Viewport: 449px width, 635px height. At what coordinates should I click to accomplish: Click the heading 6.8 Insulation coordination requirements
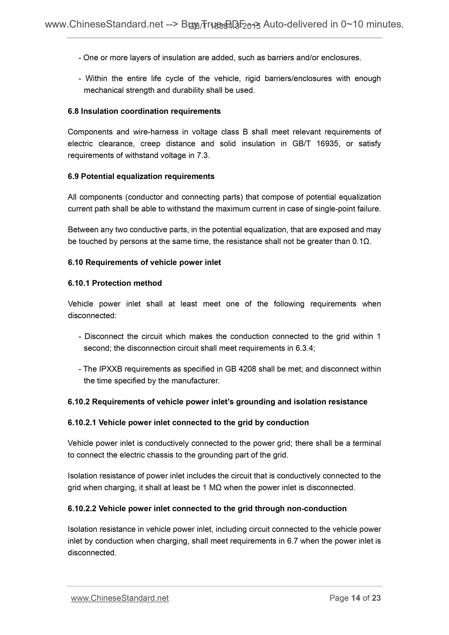(x=144, y=111)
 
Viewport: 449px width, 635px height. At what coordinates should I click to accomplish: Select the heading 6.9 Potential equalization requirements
(x=141, y=176)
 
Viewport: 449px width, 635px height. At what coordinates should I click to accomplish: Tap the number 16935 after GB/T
(x=326, y=144)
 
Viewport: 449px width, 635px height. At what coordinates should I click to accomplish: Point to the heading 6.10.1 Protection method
(x=115, y=283)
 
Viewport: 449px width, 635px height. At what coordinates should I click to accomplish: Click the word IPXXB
(x=110, y=369)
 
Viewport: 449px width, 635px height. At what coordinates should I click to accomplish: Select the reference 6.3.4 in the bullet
(x=305, y=348)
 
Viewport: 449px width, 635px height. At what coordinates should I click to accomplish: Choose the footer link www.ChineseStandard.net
(x=120, y=598)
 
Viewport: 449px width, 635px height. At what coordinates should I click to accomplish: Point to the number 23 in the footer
(x=376, y=598)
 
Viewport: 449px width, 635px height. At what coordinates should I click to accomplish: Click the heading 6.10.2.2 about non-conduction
(x=207, y=509)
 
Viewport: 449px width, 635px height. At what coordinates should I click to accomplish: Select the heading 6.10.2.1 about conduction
(x=188, y=423)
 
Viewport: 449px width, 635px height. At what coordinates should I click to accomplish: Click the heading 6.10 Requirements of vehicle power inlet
(x=144, y=262)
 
